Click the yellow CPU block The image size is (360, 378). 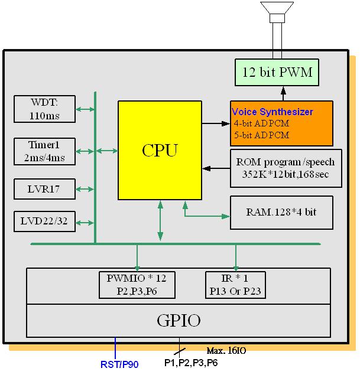[x=159, y=150]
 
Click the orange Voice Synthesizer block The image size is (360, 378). [x=281, y=123]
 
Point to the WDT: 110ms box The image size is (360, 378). [x=44, y=109]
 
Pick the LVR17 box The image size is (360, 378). [x=44, y=190]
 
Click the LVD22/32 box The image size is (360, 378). [x=44, y=222]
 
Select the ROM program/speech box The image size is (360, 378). [x=285, y=168]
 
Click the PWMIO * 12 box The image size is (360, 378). [x=137, y=284]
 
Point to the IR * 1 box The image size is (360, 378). [x=236, y=284]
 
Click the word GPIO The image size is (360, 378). [x=179, y=321]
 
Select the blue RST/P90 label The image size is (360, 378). [x=119, y=364]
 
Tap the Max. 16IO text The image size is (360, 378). [x=226, y=350]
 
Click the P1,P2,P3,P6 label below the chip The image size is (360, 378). [x=190, y=363]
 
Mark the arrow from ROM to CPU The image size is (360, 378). [x=215, y=168]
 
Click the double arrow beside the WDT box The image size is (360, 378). [x=85, y=109]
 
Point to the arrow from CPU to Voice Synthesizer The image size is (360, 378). [x=215, y=123]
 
